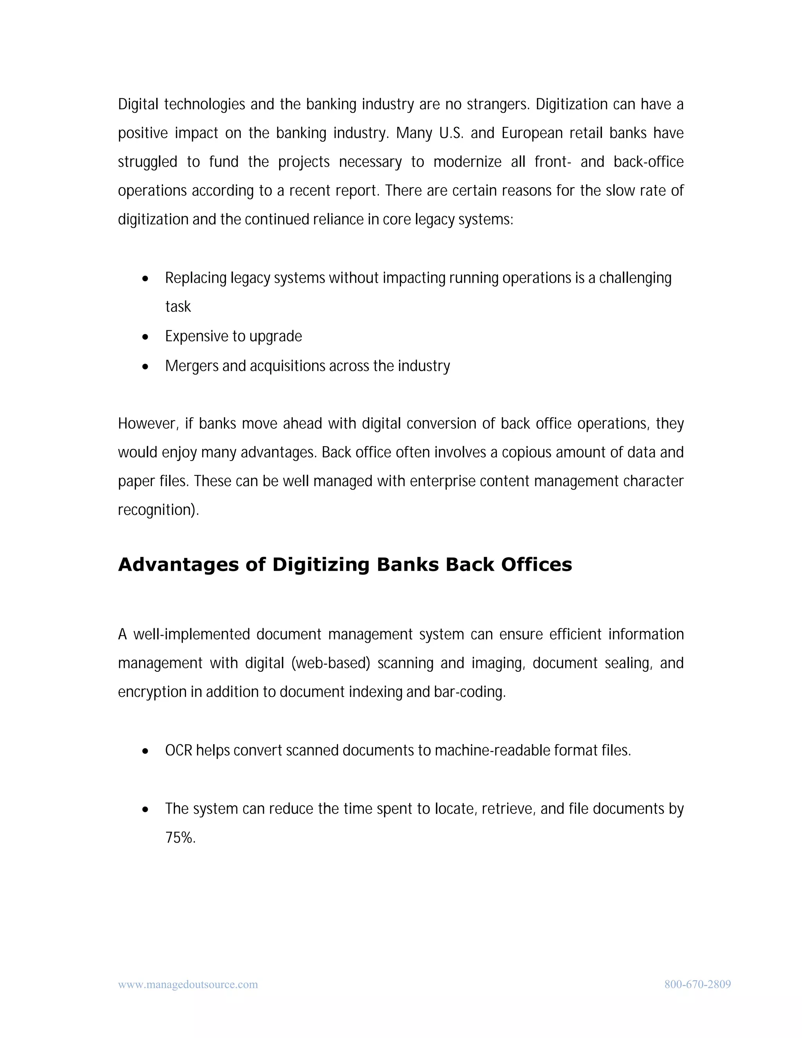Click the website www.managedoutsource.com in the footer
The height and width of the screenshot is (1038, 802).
(x=188, y=984)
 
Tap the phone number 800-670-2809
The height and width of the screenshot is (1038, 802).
(x=697, y=984)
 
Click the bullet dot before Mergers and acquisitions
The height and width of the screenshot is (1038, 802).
(x=145, y=367)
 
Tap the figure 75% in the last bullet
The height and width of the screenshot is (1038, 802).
(x=180, y=838)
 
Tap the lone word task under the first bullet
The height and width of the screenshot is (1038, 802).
(x=178, y=307)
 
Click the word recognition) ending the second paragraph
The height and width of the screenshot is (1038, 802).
(x=158, y=510)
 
